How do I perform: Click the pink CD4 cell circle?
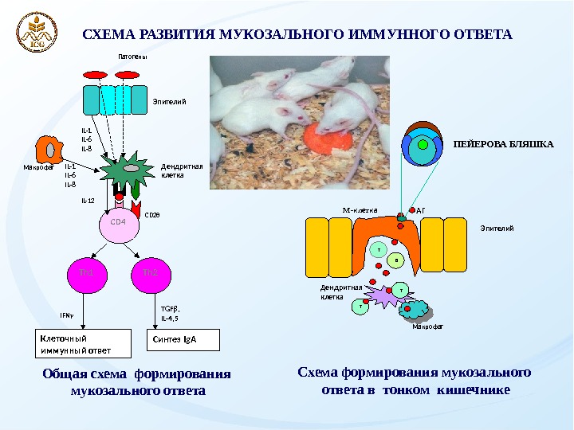coord(118,224)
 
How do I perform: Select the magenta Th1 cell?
coord(86,273)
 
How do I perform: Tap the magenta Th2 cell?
coord(150,273)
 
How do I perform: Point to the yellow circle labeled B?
coord(397,261)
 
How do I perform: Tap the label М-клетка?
coord(359,211)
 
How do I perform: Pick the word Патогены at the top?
coord(133,57)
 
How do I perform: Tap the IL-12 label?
coord(88,202)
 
